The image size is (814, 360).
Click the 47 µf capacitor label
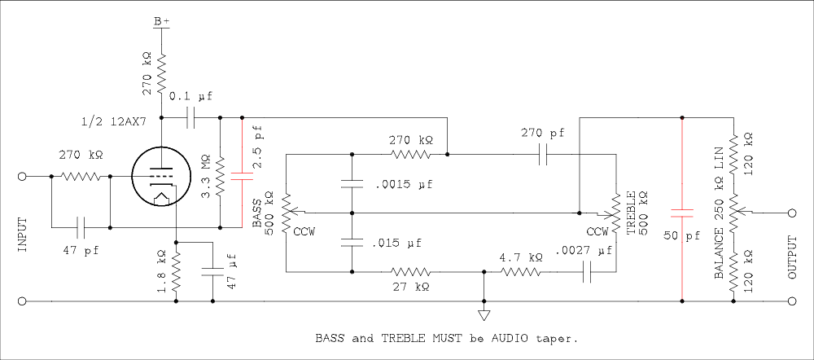click(232, 273)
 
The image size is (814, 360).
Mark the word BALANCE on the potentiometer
click(720, 248)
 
